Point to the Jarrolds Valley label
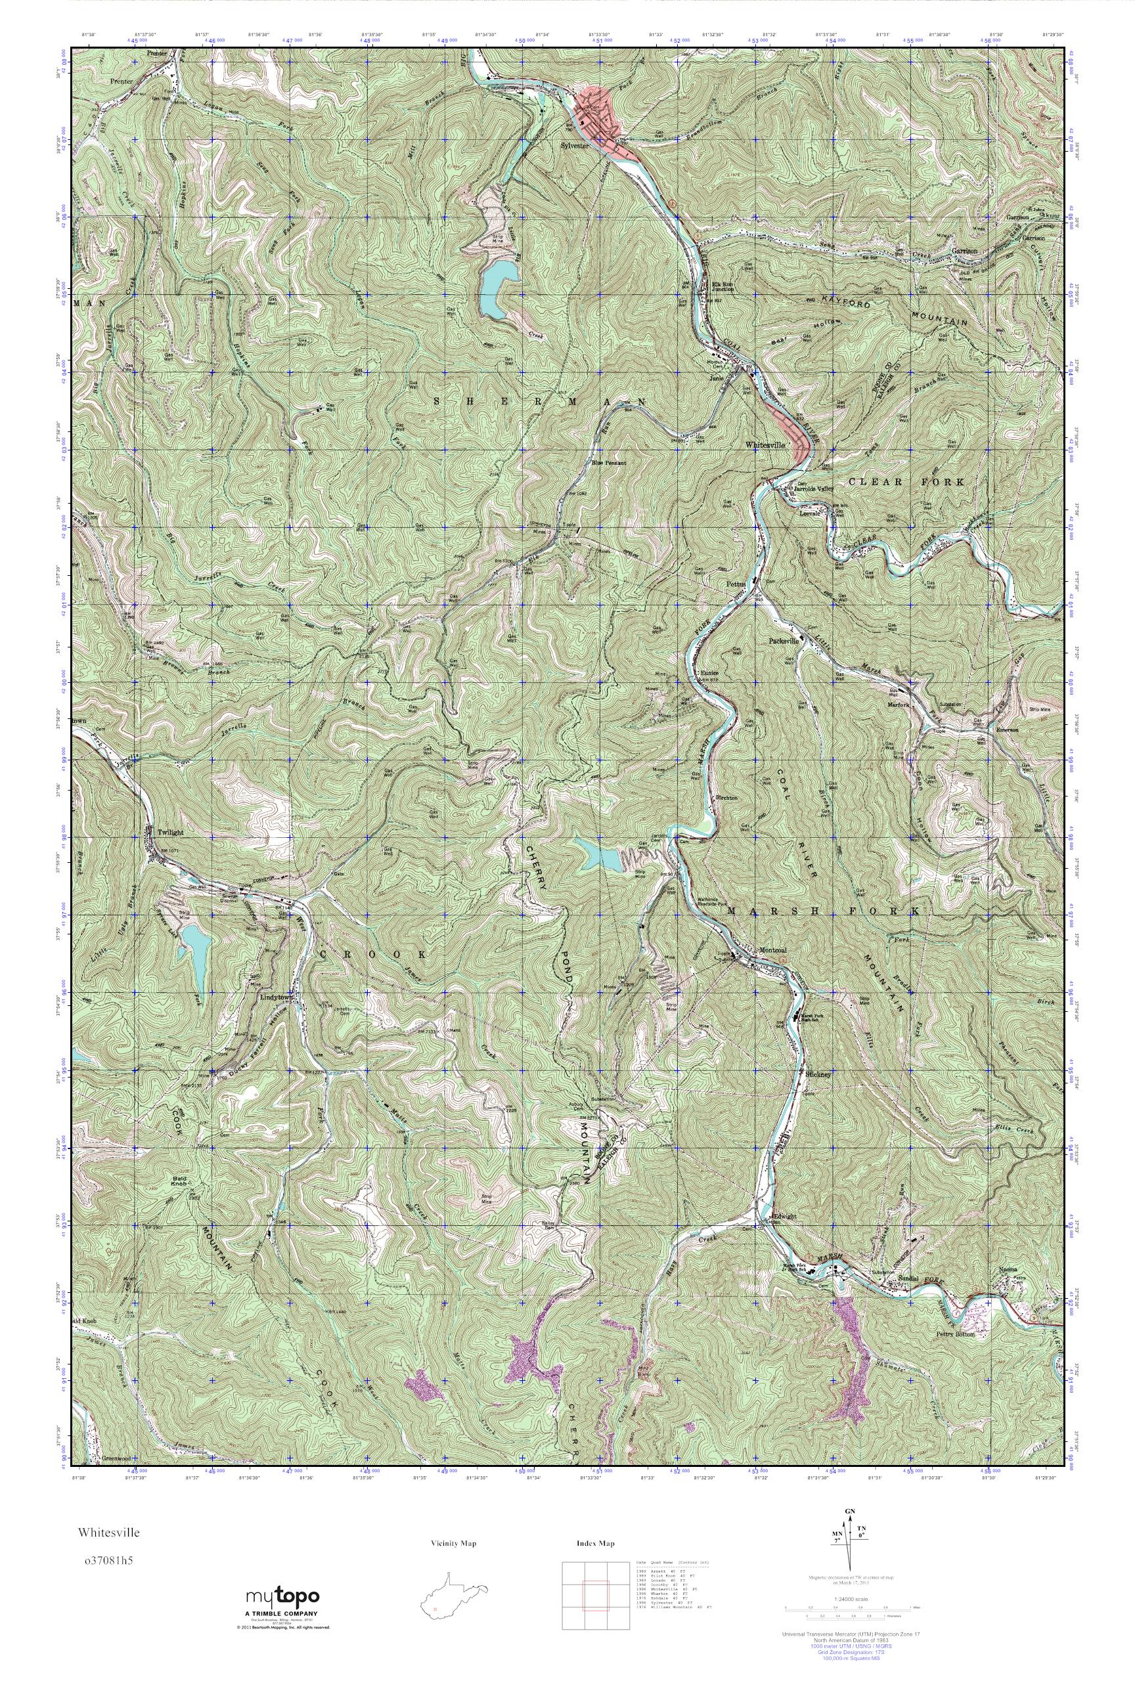coord(814,489)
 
